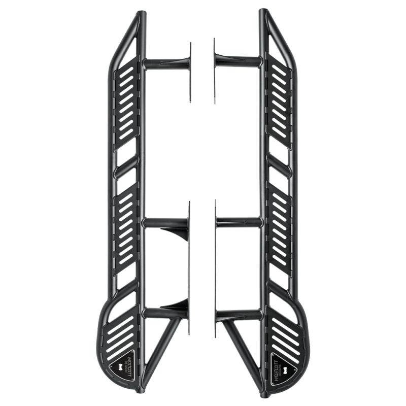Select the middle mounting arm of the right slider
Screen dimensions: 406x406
pyautogui.click(x=239, y=222)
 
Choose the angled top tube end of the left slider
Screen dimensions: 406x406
pyautogui.click(x=127, y=36)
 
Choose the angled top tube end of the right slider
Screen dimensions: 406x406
pyautogui.click(x=279, y=36)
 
